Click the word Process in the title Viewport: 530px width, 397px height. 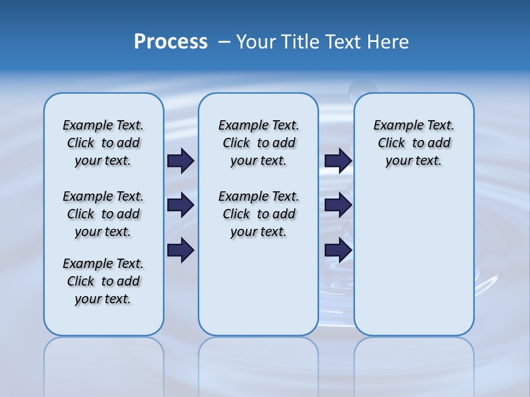point(171,42)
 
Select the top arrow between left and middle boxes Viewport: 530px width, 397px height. point(181,161)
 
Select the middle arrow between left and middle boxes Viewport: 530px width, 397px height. point(181,206)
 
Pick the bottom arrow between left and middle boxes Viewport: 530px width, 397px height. point(181,250)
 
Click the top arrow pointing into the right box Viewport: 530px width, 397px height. point(338,161)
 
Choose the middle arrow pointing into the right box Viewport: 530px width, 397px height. point(338,206)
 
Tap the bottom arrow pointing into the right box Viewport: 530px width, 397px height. point(338,250)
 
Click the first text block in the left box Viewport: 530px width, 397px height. point(103,143)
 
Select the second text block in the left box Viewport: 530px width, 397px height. point(103,214)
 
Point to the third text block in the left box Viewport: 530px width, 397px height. point(103,281)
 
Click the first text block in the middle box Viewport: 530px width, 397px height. point(259,143)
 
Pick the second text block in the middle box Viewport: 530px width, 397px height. point(259,214)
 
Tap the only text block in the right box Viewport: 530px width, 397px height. point(414,143)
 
